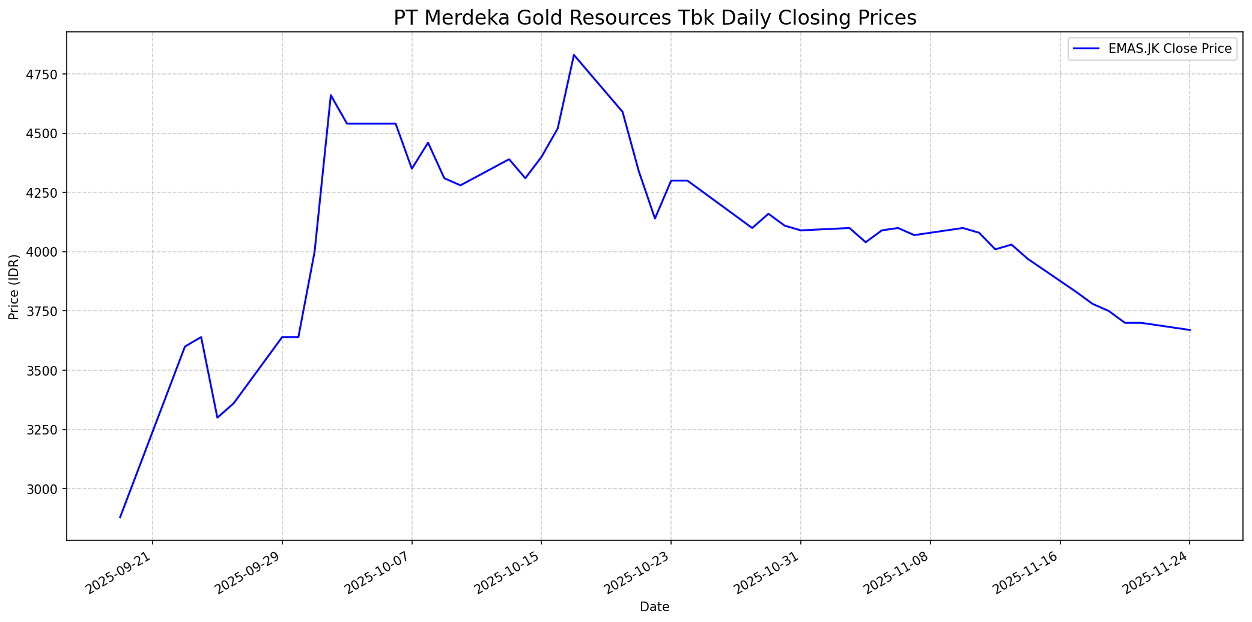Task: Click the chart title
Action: tap(655, 18)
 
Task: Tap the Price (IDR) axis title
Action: tap(14, 286)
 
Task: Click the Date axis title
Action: tap(654, 607)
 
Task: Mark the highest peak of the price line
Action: tap(574, 55)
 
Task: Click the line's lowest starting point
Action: tap(120, 517)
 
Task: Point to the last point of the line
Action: tap(1190, 330)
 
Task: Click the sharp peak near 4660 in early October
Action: tap(331, 95)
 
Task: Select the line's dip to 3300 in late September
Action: tap(217, 418)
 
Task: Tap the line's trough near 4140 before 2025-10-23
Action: tap(655, 218)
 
